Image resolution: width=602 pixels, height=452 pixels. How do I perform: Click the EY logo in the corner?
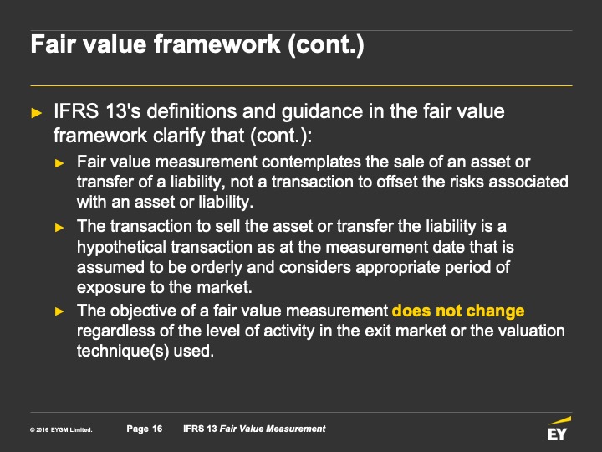coord(559,429)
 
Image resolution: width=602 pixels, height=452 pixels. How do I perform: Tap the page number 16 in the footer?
coord(157,429)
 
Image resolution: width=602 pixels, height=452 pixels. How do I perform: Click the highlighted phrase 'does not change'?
coord(458,311)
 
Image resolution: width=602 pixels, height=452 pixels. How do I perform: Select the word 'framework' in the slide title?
coord(217,44)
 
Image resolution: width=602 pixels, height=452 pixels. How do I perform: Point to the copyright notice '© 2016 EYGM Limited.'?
coord(61,429)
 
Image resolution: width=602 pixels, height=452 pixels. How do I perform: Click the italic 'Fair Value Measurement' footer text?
coord(273,429)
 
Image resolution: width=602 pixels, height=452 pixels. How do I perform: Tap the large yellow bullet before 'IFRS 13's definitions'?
coord(37,113)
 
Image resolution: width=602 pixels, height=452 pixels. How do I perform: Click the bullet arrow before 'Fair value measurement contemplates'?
coord(59,163)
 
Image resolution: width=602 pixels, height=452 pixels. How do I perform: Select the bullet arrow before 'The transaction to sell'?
coord(59,228)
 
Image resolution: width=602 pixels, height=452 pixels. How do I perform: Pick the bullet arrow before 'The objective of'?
coord(59,311)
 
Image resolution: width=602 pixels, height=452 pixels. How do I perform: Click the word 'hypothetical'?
coord(121,248)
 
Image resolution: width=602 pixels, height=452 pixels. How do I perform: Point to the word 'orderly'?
coord(217,268)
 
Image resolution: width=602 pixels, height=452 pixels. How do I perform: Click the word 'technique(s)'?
coord(123,352)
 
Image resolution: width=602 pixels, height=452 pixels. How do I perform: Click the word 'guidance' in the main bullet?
coord(323,112)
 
